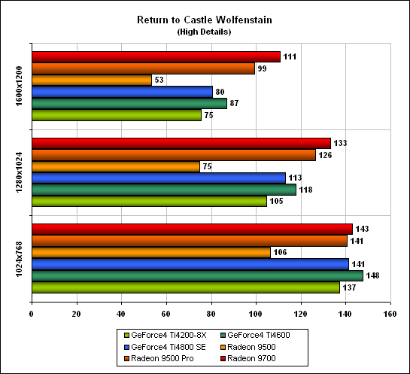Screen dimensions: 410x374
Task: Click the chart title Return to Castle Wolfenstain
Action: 205,20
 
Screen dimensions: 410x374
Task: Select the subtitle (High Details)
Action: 204,32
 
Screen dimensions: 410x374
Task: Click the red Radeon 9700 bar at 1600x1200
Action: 156,56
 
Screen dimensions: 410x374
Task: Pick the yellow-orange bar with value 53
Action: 92,80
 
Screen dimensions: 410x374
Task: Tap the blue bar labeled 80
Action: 123,92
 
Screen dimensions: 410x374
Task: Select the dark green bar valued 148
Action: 197,275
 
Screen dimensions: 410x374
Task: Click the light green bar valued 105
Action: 149,201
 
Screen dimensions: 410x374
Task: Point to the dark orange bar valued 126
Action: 174,155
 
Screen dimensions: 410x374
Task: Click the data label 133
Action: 340,143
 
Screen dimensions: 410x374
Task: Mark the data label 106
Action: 280,252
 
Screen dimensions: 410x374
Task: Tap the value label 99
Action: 262,68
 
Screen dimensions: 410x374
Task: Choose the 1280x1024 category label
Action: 19,172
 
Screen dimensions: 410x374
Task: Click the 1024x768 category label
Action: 19,259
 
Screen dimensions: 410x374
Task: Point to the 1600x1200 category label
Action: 19,87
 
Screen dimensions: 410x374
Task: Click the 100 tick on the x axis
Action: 256,314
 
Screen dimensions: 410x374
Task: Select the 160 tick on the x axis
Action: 390,314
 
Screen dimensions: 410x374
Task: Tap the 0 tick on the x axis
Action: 32,314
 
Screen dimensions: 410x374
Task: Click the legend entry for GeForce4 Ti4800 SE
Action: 166,347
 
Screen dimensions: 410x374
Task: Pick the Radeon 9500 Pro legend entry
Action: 159,358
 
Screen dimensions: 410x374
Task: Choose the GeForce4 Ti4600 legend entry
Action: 256,335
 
